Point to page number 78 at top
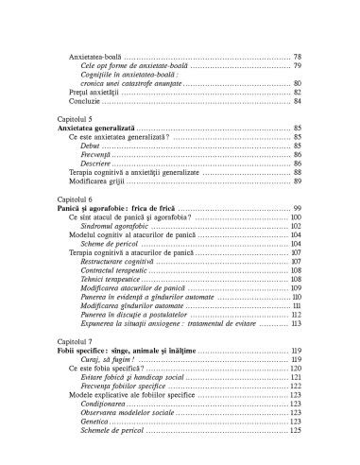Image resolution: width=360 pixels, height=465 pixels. pos(297,57)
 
